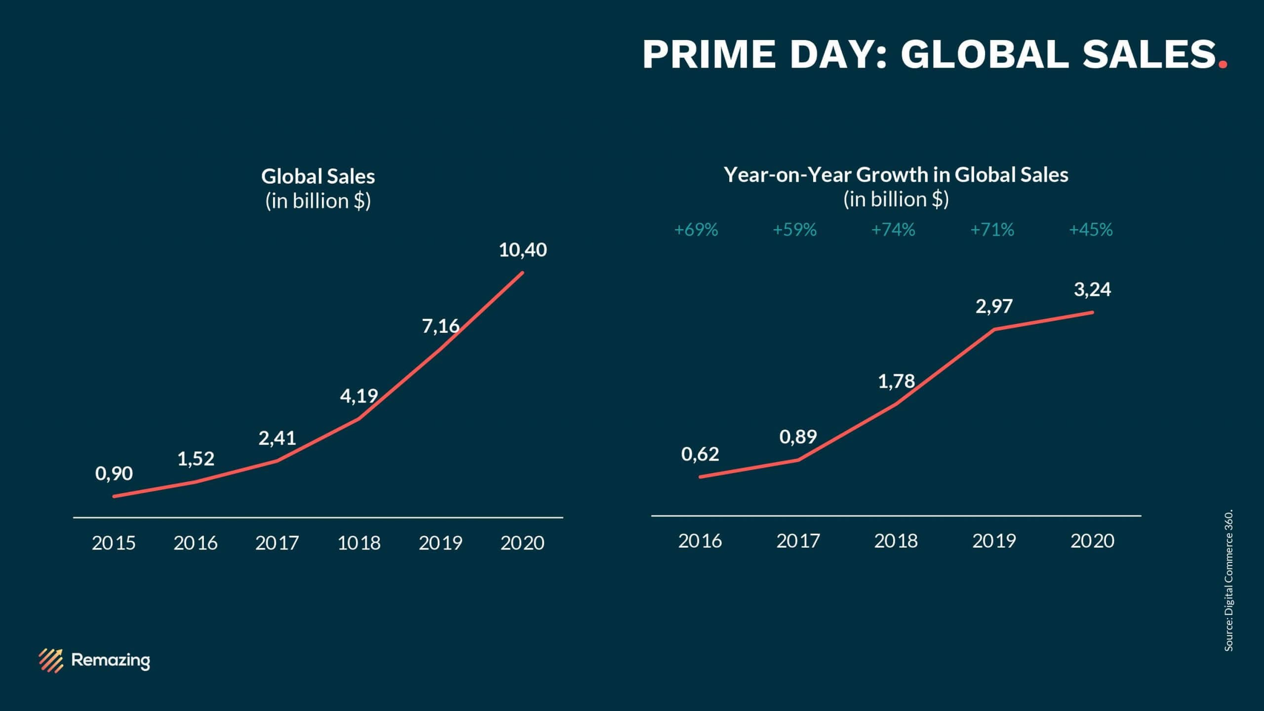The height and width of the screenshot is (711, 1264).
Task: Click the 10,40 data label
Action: [x=523, y=250]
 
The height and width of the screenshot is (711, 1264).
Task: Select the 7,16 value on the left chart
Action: [x=440, y=326]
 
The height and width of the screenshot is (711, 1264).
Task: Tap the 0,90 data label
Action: [x=114, y=474]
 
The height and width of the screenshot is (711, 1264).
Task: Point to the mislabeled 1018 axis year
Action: [x=359, y=543]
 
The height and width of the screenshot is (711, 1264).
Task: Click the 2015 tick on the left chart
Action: [x=114, y=543]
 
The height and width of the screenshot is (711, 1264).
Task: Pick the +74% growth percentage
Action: [x=893, y=230]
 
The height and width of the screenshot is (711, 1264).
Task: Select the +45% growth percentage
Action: [x=1091, y=230]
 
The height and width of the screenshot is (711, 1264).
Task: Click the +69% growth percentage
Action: [x=696, y=230]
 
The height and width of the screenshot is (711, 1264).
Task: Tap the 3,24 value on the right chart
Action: [x=1092, y=289]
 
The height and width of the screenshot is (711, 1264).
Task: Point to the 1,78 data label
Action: [x=896, y=381]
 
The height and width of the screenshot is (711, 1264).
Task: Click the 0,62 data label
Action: [x=700, y=454]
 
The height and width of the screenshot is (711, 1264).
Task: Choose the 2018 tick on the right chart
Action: [x=896, y=541]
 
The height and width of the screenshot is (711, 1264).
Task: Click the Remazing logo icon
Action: [x=51, y=660]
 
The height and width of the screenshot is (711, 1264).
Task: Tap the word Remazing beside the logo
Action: [x=111, y=660]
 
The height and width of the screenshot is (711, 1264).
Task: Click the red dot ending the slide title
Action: [x=1223, y=65]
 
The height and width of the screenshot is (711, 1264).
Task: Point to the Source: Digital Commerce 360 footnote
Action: [x=1229, y=580]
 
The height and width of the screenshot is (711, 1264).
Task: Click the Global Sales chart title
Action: [x=318, y=176]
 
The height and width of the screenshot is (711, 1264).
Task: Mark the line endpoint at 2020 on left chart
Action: [x=522, y=272]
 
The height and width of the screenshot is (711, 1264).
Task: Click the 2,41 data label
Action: [x=277, y=438]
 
